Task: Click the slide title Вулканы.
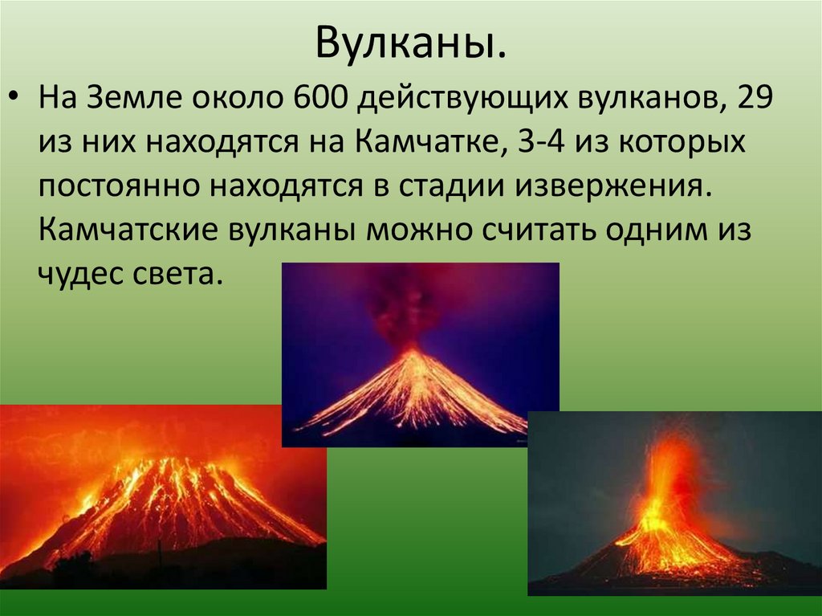[411, 43]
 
